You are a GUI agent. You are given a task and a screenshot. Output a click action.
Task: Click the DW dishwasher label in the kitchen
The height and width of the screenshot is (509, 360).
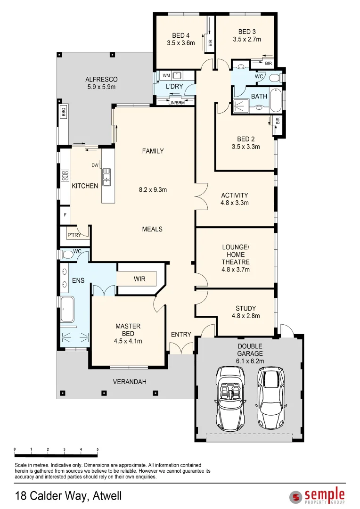tap(95, 165)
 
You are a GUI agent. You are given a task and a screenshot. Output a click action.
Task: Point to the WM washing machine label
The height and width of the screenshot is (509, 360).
tap(166, 75)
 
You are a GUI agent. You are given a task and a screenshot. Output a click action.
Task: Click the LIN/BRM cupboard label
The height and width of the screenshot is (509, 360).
tap(176, 102)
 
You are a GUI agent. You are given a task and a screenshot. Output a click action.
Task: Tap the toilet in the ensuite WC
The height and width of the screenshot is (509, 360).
tap(67, 255)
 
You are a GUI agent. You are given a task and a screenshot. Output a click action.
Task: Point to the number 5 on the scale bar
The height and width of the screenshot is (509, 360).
tap(98, 449)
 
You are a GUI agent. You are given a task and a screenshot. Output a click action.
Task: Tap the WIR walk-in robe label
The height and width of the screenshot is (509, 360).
tap(139, 279)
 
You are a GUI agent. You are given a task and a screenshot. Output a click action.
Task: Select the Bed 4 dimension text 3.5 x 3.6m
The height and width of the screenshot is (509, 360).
tap(180, 43)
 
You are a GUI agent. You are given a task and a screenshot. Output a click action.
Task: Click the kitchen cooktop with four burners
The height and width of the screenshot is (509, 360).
tap(64, 176)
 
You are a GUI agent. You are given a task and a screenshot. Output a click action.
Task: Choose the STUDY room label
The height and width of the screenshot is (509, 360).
tap(245, 309)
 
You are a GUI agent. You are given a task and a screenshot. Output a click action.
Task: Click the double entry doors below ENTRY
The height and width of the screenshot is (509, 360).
tap(181, 348)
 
